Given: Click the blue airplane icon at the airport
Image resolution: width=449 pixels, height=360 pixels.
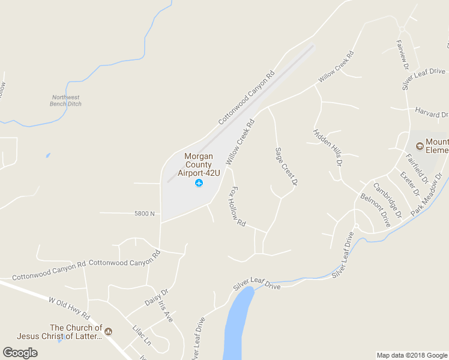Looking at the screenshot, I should (199, 183).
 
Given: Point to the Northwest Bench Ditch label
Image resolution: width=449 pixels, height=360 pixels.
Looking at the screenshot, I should (66, 100).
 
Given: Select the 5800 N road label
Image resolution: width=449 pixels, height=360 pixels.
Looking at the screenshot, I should (145, 214).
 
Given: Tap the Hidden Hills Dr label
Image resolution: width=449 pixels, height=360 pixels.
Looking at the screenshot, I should (327, 146).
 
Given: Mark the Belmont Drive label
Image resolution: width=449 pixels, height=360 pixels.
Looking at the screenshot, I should (375, 209).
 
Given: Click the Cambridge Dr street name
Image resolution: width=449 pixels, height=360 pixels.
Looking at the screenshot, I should (387, 200).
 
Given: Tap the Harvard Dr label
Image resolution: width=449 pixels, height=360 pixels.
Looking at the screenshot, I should (432, 112).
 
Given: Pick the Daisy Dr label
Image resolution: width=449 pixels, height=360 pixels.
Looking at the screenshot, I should (157, 298).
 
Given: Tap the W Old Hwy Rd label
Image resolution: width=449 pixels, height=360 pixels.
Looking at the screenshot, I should (69, 307).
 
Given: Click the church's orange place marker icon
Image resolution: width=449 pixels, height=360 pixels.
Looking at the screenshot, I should (108, 329).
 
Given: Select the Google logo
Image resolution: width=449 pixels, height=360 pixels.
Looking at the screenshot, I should (20, 353).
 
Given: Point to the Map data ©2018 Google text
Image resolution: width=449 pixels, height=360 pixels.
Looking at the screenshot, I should (411, 355).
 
